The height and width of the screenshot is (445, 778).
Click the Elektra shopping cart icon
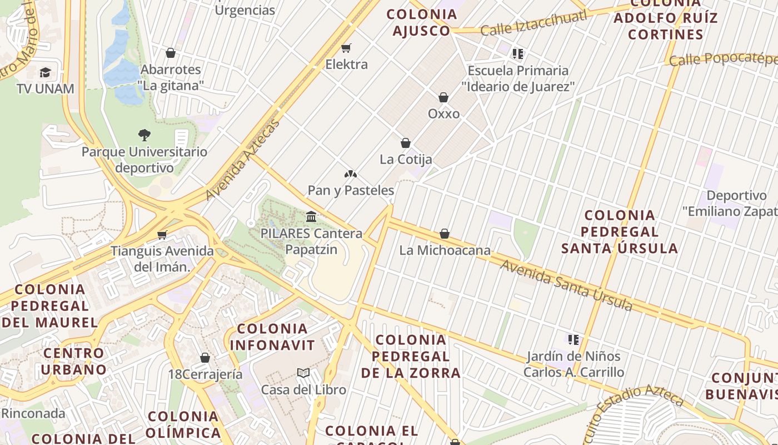pos(346,48)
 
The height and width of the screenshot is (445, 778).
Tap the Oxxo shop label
pos(443,113)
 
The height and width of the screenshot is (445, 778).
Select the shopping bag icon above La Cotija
pos(406,143)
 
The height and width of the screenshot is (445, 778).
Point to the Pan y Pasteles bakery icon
pos(350,174)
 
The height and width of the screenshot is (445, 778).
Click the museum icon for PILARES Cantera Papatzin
pos(311,216)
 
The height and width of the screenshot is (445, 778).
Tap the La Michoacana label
pos(445,250)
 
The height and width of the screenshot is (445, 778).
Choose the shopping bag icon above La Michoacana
pos(445,234)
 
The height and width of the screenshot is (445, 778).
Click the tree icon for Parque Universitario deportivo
pos(144,135)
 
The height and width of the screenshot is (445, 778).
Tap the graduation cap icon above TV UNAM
pos(45,72)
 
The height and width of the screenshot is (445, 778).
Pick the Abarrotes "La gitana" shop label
pos(171,77)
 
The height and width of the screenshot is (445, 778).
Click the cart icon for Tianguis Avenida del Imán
pos(162,235)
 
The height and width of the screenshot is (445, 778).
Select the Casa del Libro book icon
pos(303,373)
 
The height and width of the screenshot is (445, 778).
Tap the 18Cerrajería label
pos(205,374)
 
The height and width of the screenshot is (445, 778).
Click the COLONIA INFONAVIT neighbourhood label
pos(272,337)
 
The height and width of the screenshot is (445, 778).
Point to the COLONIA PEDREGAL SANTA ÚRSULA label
pos(619,231)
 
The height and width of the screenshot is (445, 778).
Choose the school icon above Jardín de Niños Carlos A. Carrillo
pos(573,339)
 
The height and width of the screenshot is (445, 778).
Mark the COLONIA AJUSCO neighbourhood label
pos(421,22)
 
